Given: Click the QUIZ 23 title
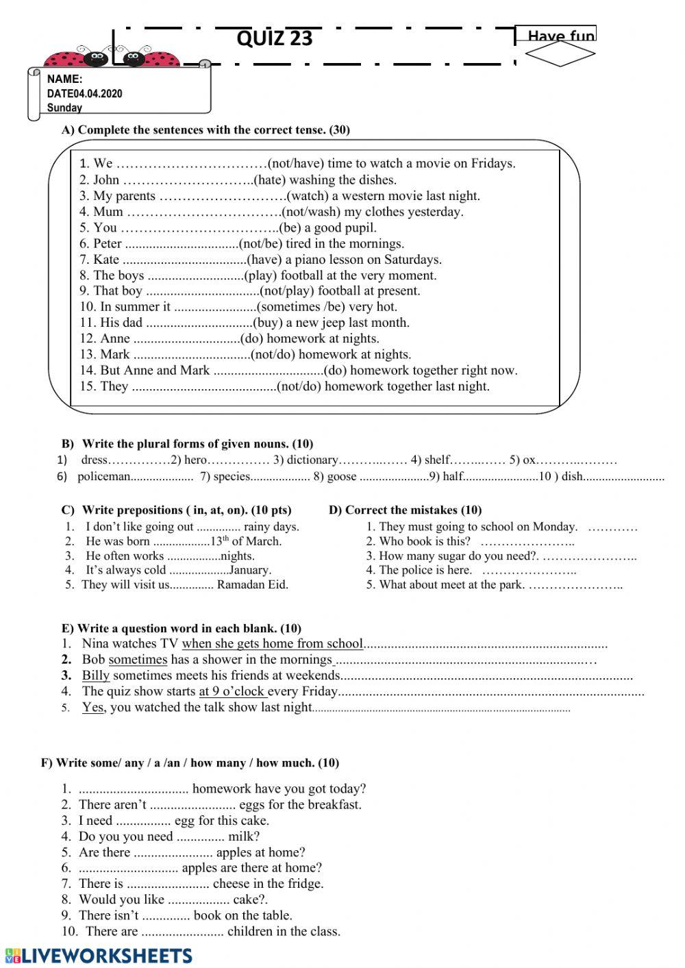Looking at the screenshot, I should click(274, 38).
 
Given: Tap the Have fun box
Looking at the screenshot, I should click(561, 35).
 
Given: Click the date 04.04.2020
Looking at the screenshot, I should click(97, 94).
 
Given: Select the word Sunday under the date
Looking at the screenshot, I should click(64, 108).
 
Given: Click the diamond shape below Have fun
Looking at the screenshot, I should click(560, 55).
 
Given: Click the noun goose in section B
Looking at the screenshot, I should click(342, 477).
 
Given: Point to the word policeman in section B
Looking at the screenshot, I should click(103, 477).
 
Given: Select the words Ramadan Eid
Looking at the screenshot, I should click(253, 585).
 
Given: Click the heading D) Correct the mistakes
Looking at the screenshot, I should click(405, 510).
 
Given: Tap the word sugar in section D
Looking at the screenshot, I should click(448, 556).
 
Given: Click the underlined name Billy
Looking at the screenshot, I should click(96, 675).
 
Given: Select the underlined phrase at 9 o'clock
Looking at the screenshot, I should click(232, 691).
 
